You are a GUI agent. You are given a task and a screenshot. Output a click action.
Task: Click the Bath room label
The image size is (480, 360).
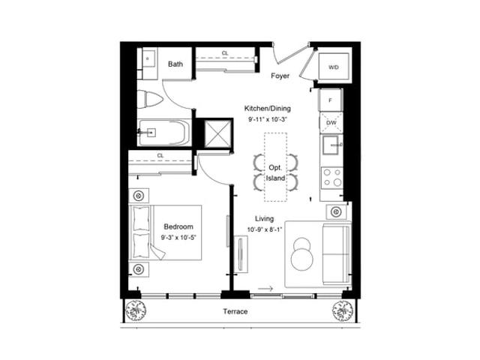[175, 64]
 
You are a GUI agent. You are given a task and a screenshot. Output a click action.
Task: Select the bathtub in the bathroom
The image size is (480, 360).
[163, 133]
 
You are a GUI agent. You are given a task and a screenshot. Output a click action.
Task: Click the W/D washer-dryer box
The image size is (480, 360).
[334, 67]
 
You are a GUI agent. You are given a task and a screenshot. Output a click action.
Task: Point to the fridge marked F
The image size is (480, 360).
[330, 100]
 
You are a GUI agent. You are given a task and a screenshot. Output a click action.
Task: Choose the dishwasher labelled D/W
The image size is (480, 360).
[331, 123]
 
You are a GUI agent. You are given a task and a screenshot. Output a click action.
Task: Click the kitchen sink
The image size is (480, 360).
[331, 145]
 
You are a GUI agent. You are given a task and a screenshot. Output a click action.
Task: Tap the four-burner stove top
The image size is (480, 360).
[331, 178]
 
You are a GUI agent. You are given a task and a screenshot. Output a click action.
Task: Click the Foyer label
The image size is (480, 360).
[280, 76]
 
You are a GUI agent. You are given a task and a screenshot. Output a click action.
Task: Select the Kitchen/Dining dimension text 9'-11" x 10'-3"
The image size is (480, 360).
[268, 119]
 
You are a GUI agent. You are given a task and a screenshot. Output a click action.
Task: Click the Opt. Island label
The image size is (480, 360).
[275, 172]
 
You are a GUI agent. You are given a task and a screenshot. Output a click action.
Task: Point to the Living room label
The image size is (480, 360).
[265, 218]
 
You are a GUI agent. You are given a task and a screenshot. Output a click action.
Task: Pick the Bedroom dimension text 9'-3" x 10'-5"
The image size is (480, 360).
[178, 237]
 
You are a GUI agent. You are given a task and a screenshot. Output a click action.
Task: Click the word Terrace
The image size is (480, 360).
[235, 312]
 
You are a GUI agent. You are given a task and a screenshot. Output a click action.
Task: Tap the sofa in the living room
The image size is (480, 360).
[336, 254]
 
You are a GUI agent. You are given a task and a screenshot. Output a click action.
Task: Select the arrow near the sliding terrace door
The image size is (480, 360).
[265, 289]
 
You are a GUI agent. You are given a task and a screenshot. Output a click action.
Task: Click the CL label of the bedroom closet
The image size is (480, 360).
[160, 156]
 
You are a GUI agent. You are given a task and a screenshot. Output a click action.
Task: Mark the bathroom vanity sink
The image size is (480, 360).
[148, 58]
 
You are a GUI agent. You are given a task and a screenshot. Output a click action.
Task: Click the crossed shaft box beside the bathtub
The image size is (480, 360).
[217, 133]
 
